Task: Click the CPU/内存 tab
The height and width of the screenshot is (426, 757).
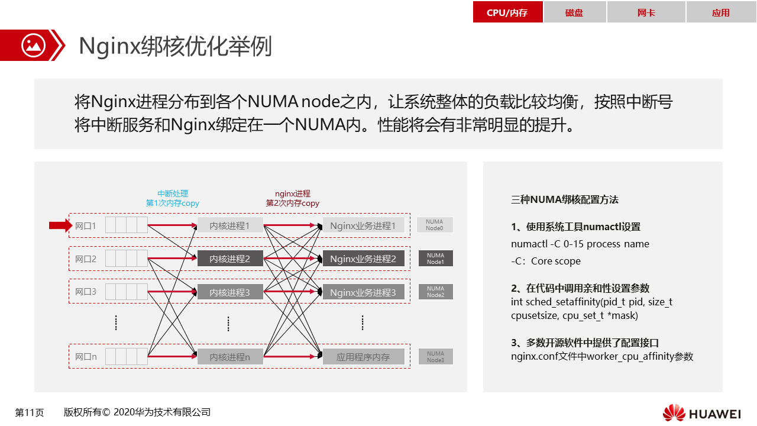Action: (507, 12)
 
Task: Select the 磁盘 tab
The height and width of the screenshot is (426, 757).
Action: (574, 12)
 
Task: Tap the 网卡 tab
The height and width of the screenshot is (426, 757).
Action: (646, 12)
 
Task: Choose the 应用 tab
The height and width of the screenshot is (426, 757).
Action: (721, 12)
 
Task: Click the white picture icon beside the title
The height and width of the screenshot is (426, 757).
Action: (33, 46)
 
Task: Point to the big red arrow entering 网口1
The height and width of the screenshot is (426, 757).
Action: (61, 225)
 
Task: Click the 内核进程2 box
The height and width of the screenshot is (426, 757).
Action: (230, 259)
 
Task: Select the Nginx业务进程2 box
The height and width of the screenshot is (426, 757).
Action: (363, 259)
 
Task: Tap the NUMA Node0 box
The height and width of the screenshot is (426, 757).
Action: (435, 225)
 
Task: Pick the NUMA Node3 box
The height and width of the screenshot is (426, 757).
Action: (435, 356)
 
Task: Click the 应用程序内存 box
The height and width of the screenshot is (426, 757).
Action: (363, 357)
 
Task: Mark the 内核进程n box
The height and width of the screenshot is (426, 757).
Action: (230, 357)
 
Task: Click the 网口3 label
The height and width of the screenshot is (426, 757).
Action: (86, 292)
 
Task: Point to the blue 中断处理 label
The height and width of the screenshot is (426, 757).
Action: (173, 193)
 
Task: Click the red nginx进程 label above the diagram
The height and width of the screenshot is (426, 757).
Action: (293, 193)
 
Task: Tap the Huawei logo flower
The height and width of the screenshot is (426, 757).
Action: (674, 413)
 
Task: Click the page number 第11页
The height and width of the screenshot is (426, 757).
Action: (30, 412)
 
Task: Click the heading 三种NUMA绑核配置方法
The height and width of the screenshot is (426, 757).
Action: (565, 199)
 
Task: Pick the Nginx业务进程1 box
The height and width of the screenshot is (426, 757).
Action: (363, 225)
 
